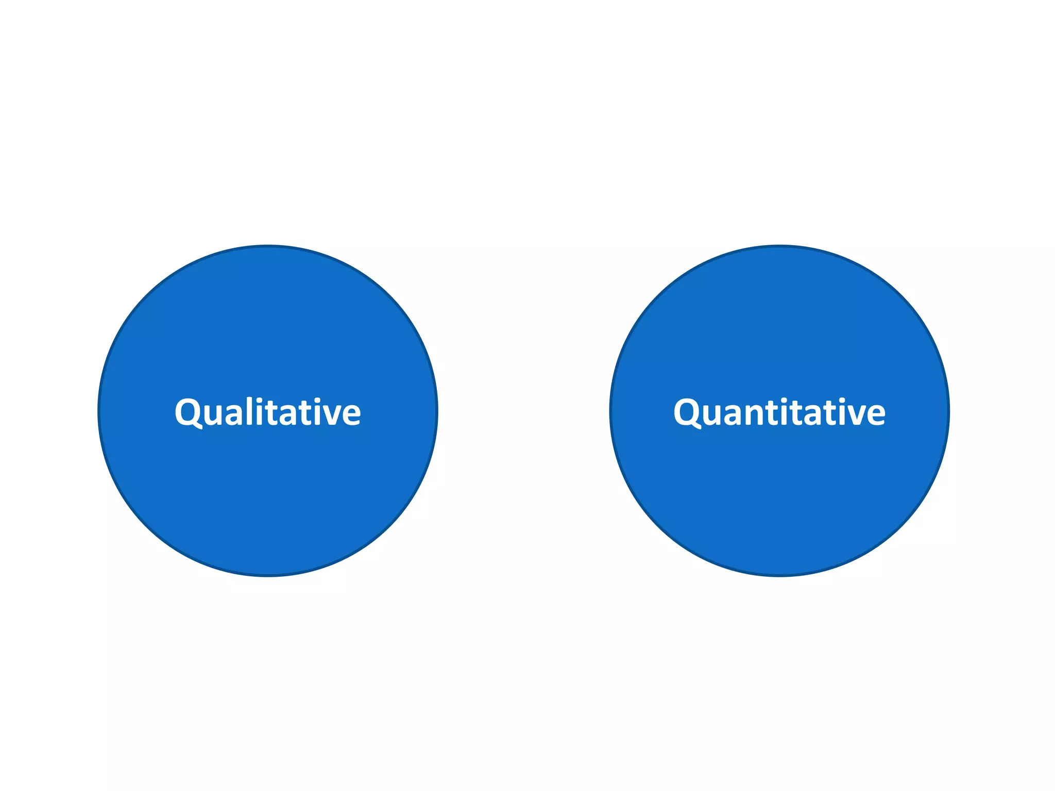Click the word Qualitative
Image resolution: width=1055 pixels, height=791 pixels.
tap(267, 412)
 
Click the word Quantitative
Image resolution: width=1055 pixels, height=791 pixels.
tap(779, 412)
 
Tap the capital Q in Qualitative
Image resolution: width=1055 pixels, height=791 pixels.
tap(189, 412)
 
